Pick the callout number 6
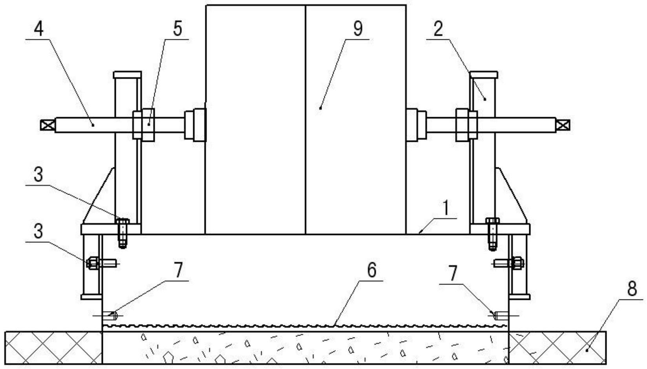[x=371, y=270]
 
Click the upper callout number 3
[x=38, y=174]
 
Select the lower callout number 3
[x=38, y=231]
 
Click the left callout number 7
[x=178, y=270]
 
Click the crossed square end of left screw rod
[x=47, y=125]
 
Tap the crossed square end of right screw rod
[x=563, y=125]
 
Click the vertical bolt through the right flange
[x=492, y=233]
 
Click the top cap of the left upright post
[x=127, y=74]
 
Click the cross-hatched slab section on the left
[x=53, y=347]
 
